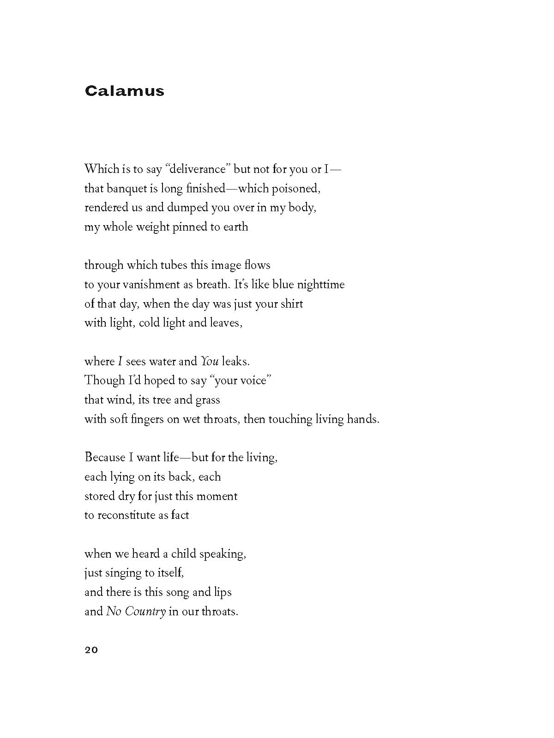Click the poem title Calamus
pyautogui.click(x=124, y=90)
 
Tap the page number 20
pyautogui.click(x=91, y=650)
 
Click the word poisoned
pyautogui.click(x=296, y=188)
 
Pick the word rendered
pyautogui.click(x=106, y=208)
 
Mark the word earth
pyautogui.click(x=236, y=227)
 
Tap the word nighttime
pyautogui.click(x=321, y=285)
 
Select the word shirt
pyautogui.click(x=291, y=304)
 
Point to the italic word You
pyautogui.click(x=210, y=361)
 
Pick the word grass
pyautogui.click(x=208, y=400)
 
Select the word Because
pyautogui.click(x=105, y=458)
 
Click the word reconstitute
pyautogui.click(x=126, y=515)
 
